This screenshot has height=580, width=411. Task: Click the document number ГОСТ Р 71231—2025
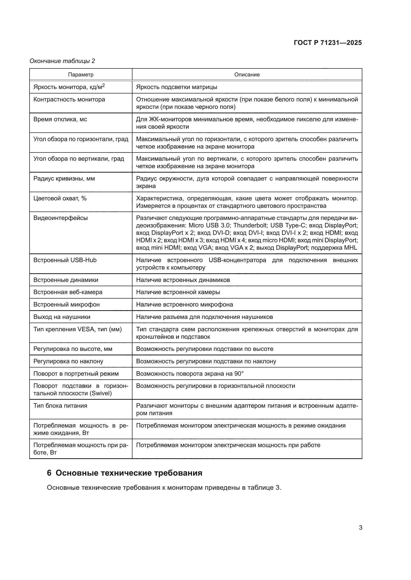tap(328, 43)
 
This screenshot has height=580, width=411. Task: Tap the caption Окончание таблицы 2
tap(62, 61)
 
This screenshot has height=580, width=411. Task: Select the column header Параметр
tap(81, 75)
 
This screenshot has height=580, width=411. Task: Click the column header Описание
tap(247, 75)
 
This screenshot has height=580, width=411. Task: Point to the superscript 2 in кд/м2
tap(103, 86)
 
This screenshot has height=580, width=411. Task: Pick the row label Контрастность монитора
tap(69, 99)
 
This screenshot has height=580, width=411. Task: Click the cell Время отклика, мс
tap(60, 119)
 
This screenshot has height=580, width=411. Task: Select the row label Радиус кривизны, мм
tap(64, 179)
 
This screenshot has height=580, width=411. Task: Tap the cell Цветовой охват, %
tap(60, 198)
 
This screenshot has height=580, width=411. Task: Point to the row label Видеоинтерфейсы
tap(60, 218)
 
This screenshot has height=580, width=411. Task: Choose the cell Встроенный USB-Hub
tap(65, 260)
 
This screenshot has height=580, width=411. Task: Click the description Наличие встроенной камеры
tap(178, 292)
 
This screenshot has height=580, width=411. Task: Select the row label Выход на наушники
tap(62, 317)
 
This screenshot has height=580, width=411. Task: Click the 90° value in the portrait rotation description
tap(239, 374)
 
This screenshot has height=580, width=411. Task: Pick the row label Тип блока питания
tap(60, 406)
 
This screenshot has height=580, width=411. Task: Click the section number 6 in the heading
tap(49, 473)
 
